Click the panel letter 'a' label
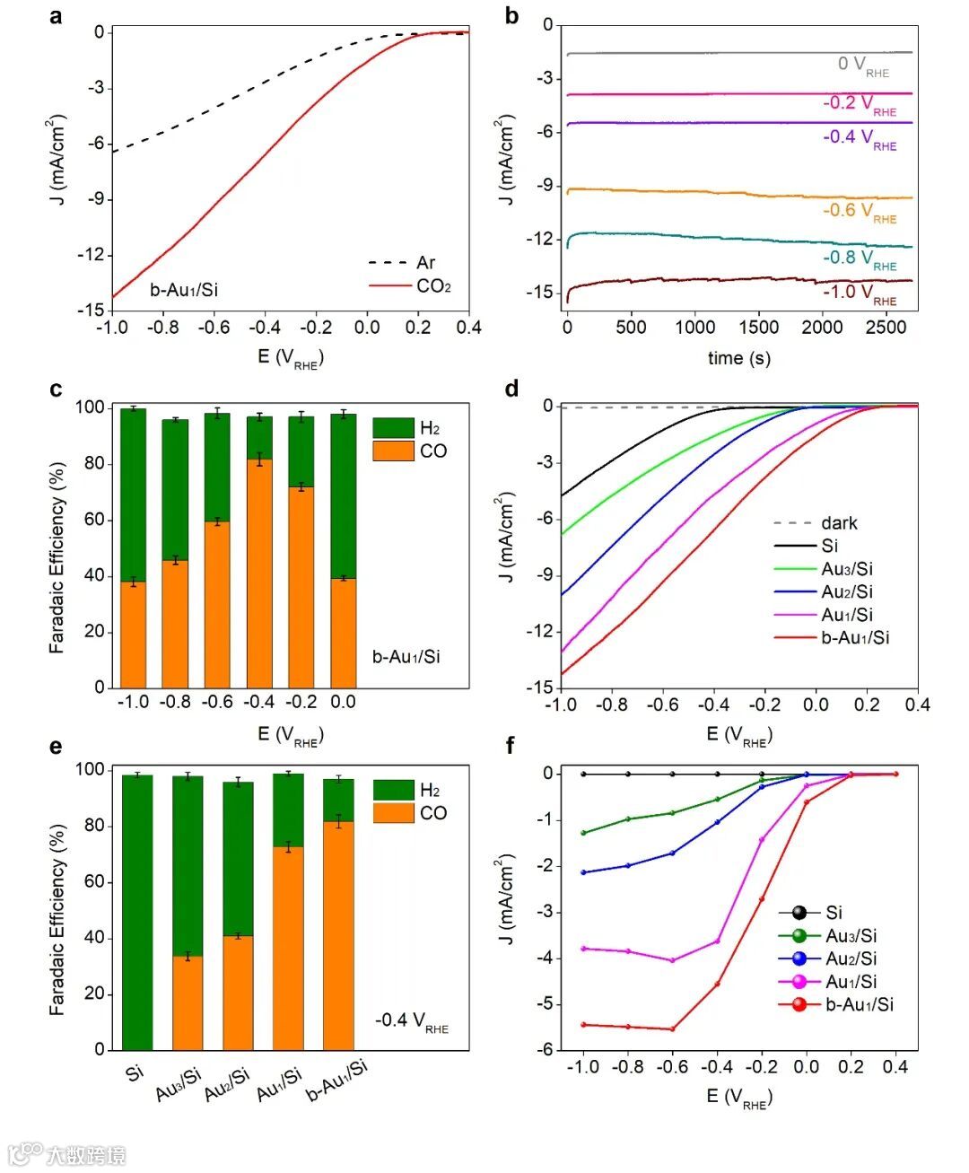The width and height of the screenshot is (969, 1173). click(57, 16)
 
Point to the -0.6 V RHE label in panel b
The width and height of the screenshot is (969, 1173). click(859, 211)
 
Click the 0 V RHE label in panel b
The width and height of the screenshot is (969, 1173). click(862, 65)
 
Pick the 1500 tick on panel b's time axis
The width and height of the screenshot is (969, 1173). click(758, 328)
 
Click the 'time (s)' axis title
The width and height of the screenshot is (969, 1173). click(738, 358)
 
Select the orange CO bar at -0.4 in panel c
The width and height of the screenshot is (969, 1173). click(259, 573)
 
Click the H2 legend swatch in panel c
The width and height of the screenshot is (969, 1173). click(393, 428)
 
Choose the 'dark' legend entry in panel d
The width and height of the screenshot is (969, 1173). click(839, 523)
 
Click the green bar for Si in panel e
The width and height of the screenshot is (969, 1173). click(137, 912)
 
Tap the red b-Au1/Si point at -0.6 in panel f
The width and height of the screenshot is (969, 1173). click(672, 1029)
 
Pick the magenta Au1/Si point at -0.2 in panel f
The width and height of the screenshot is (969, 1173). click(762, 840)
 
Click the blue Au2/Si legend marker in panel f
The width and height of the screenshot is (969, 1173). click(799, 959)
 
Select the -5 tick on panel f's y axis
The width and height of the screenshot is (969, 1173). click(547, 1004)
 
